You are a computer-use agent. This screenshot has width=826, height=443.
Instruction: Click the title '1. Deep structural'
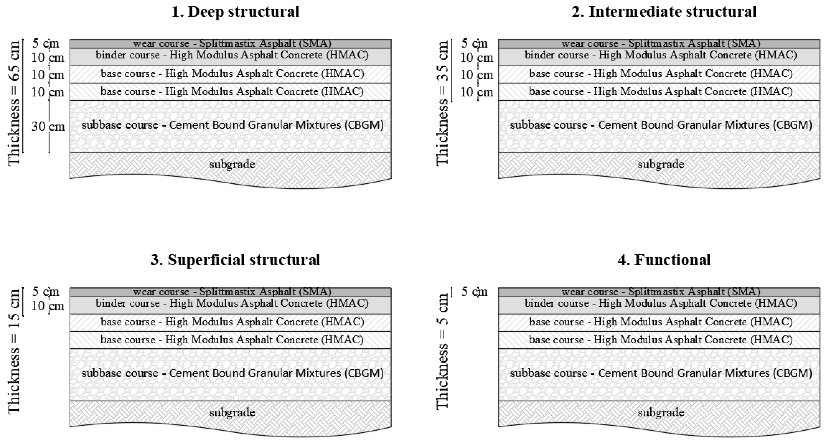pyautogui.click(x=235, y=12)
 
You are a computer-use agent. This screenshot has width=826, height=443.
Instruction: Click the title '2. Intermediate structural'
pyautogui.click(x=664, y=12)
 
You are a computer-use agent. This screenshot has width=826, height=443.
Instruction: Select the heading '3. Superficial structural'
pyautogui.click(x=235, y=260)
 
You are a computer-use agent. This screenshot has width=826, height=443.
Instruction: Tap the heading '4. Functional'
pyautogui.click(x=664, y=260)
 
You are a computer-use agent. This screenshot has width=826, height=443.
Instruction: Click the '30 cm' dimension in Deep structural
pyautogui.click(x=48, y=127)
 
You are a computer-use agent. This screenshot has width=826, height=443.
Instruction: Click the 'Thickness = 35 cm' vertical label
pyautogui.click(x=442, y=102)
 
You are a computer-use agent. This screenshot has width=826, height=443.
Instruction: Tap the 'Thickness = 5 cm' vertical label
pyautogui.click(x=442, y=351)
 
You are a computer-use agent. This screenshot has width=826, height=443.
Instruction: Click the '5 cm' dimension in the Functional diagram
pyautogui.click(x=475, y=291)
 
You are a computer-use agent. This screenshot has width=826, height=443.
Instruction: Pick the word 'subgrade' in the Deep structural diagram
pyautogui.click(x=232, y=164)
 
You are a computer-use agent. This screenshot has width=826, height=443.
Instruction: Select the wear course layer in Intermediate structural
pyautogui.click(x=661, y=43)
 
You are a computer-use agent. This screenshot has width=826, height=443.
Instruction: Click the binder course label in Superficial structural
pyautogui.click(x=232, y=303)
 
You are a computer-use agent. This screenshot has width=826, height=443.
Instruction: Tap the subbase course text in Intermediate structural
pyautogui.click(x=661, y=125)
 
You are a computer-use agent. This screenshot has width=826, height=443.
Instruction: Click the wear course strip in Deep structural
pyautogui.click(x=232, y=43)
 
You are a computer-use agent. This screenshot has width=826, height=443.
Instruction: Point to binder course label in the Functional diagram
pyautogui.click(x=661, y=303)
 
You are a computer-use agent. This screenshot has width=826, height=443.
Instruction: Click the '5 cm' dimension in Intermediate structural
pyautogui.click(x=475, y=43)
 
